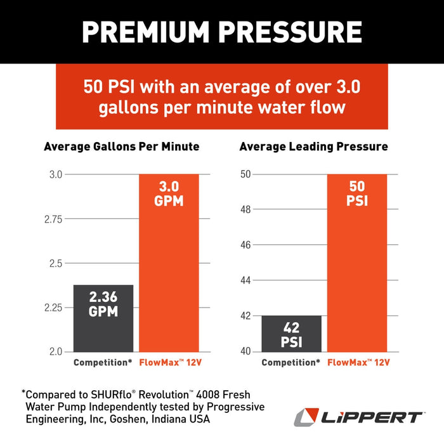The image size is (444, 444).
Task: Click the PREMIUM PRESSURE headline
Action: (x=222, y=32)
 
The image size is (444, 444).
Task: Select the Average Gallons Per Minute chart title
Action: (x=121, y=147)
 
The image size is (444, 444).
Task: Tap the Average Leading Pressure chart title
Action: (x=313, y=147)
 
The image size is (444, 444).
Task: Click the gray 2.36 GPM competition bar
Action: (x=103, y=317)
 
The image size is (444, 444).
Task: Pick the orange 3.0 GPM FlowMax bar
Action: (x=169, y=263)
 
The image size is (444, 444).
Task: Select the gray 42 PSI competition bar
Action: (x=291, y=333)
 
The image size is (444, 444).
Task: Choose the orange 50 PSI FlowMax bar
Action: (x=357, y=263)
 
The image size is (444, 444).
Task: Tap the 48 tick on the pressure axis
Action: (x=246, y=210)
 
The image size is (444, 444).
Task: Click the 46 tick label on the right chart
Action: (x=246, y=245)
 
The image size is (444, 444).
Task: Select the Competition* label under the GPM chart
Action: (x=102, y=363)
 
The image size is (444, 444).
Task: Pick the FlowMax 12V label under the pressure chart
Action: (x=358, y=363)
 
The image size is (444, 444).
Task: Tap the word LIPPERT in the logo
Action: (x=374, y=417)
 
